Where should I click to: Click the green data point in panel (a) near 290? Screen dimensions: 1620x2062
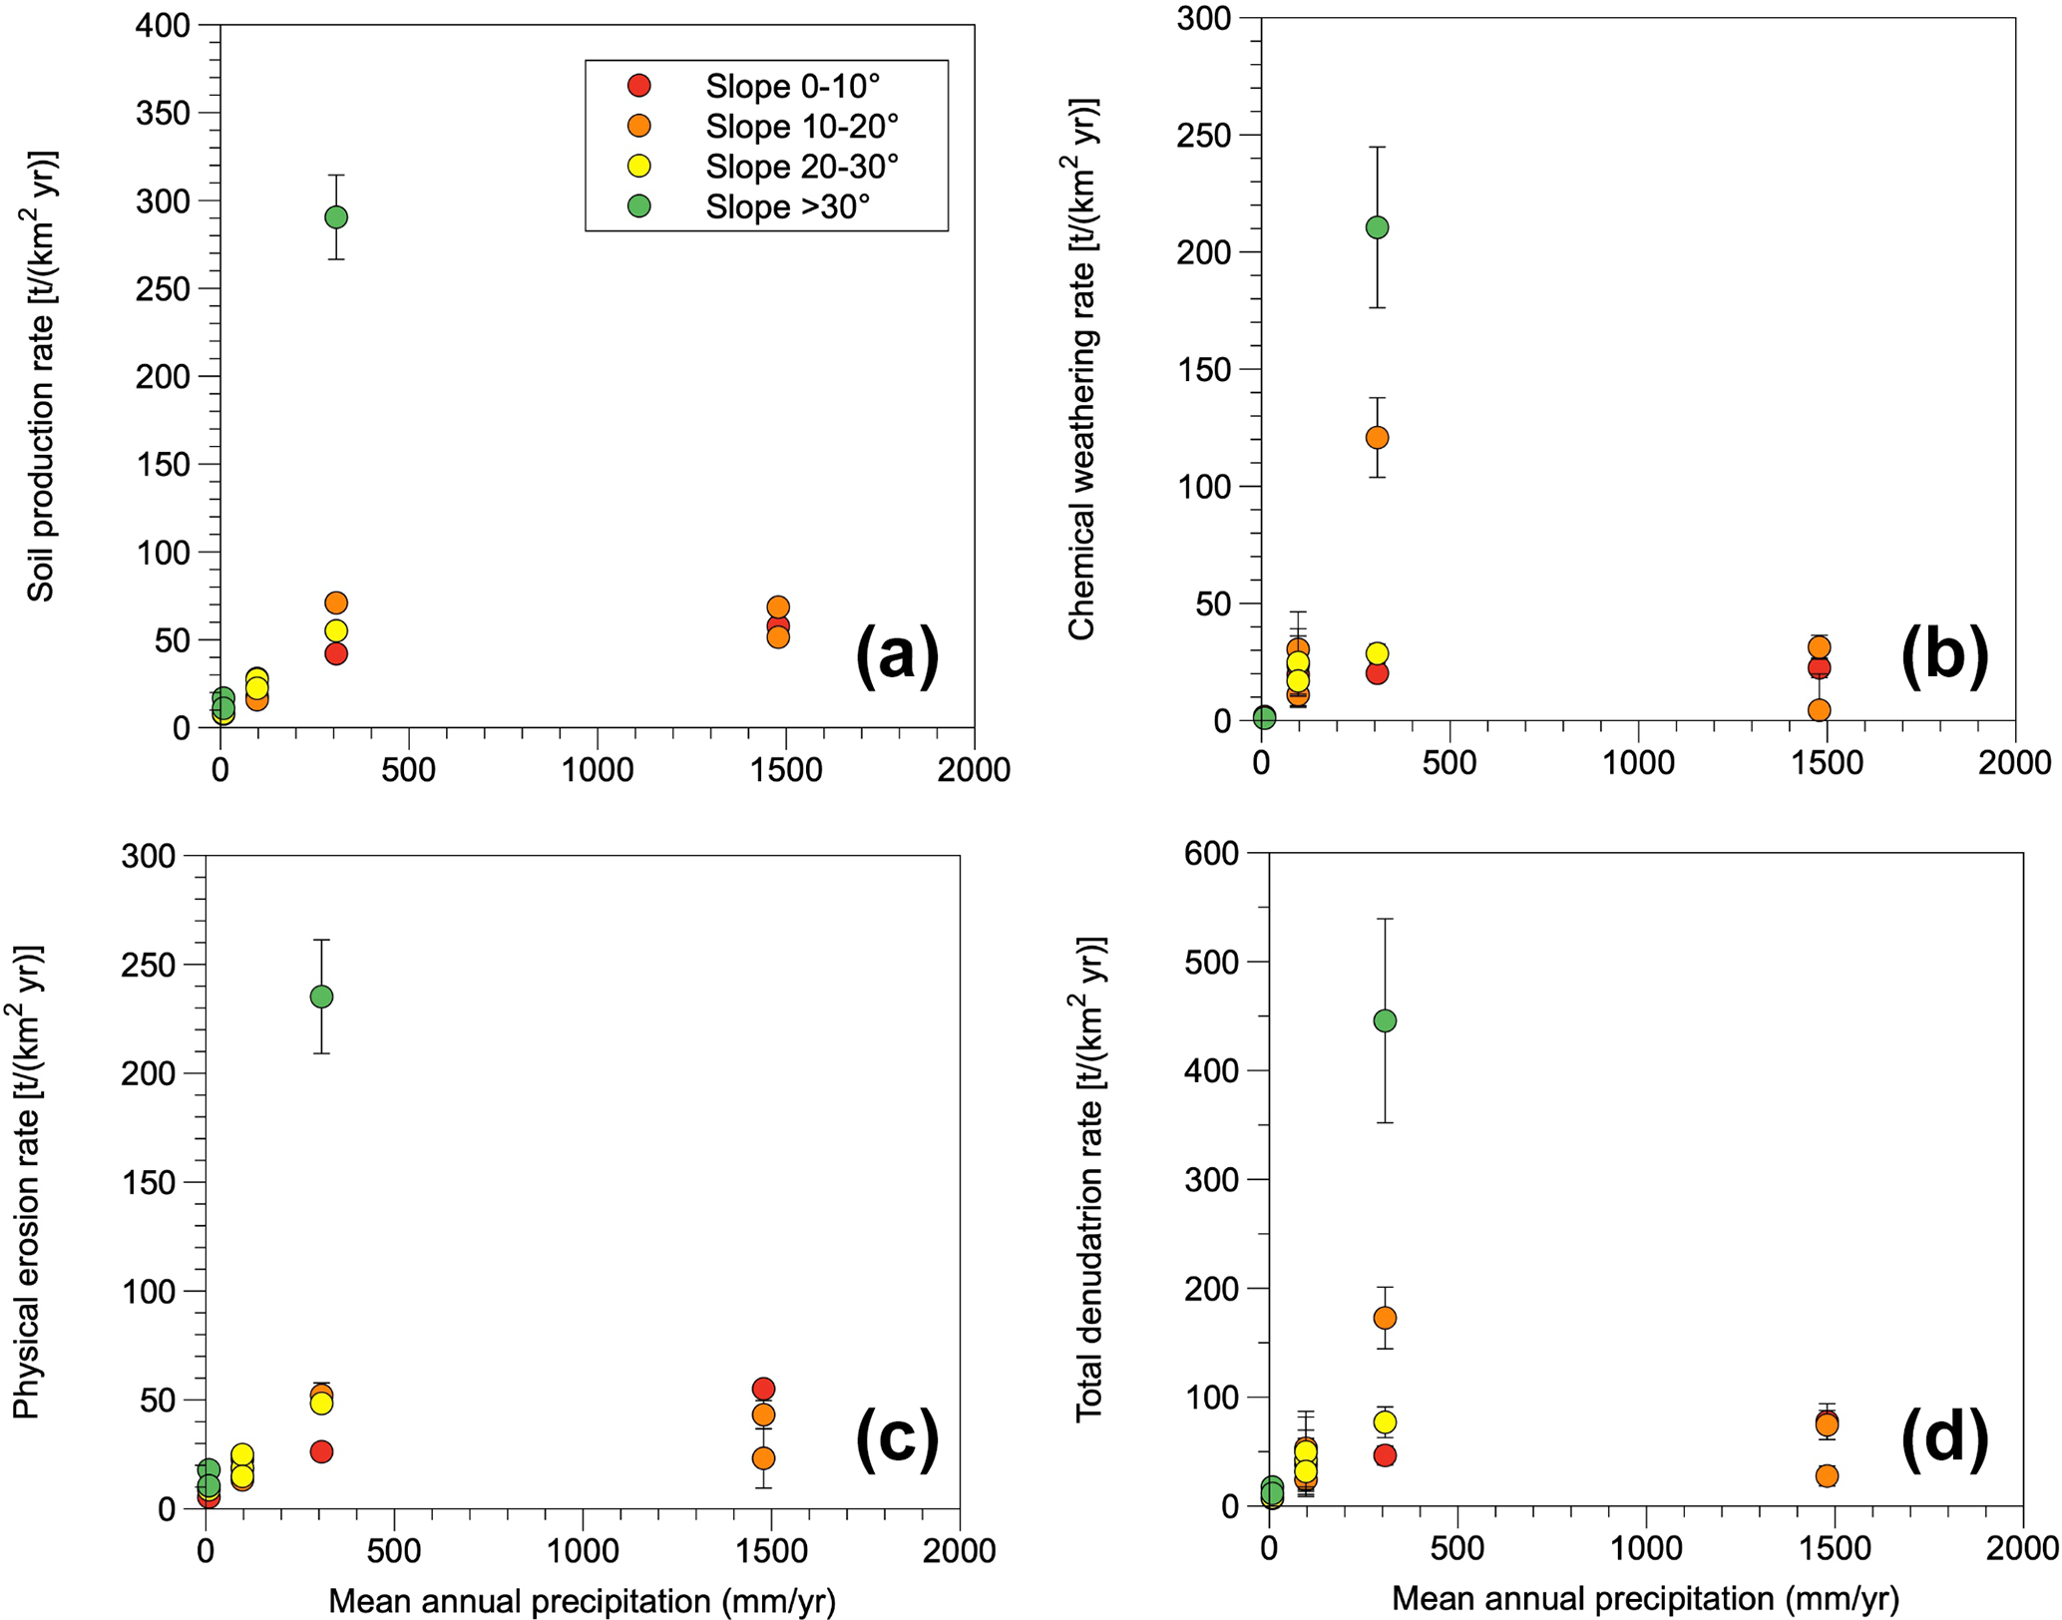tap(336, 216)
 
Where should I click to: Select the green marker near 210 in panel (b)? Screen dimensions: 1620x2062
tap(1377, 227)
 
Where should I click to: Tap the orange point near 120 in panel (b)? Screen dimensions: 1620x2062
tap(1377, 437)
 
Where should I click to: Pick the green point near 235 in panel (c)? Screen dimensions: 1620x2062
tap(321, 997)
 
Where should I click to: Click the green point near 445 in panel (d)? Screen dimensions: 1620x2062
tap(1385, 1020)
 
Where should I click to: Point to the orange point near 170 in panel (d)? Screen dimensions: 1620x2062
tap(1385, 1318)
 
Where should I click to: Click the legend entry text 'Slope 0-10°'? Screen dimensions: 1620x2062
tap(793, 87)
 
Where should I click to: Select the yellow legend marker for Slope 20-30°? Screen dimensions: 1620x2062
tap(639, 167)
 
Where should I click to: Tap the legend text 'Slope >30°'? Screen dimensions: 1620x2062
tap(788, 207)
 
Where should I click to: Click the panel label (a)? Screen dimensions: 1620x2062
tap(897, 655)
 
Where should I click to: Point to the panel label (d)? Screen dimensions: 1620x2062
tap(1944, 1439)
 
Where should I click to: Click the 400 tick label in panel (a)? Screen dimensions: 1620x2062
tap(163, 25)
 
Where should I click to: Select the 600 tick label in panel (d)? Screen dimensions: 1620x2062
tap(1211, 853)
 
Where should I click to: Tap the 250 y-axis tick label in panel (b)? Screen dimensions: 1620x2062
tap(1204, 135)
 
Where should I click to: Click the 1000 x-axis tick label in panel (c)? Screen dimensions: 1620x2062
tap(583, 1550)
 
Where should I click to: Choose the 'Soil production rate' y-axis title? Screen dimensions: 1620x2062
tap(42, 376)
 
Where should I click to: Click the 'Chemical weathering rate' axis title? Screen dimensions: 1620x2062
tap(1083, 368)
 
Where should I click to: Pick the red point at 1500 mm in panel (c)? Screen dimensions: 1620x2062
tap(764, 1389)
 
